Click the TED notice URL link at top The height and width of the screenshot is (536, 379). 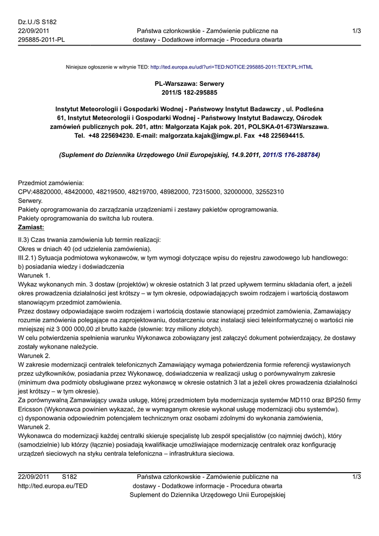click(231, 67)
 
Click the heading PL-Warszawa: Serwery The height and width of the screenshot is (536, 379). click(189, 83)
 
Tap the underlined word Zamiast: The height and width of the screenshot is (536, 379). click(31, 227)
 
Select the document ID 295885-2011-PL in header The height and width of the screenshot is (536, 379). click(41, 40)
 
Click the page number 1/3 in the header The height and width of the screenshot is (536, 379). click(356, 31)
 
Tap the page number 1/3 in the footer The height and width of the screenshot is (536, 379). click(356, 477)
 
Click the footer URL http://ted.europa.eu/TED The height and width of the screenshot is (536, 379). click(53, 486)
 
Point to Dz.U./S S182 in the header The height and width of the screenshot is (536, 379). click(37, 22)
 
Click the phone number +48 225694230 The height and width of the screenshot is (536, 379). click(106, 135)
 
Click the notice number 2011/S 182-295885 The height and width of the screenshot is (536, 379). click(189, 92)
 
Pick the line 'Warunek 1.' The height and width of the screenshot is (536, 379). click(34, 275)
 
